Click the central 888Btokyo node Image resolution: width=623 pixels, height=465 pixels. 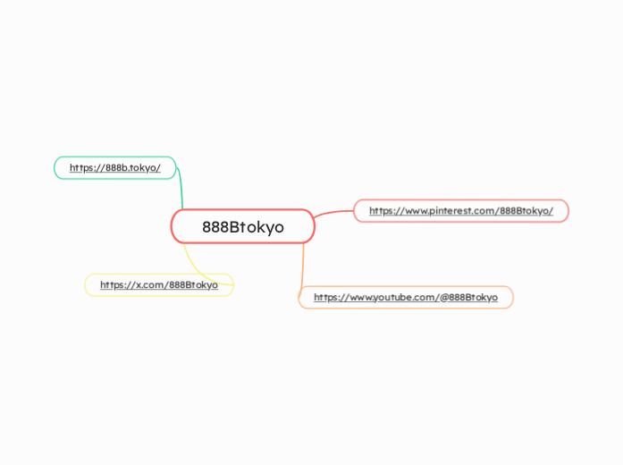(242, 226)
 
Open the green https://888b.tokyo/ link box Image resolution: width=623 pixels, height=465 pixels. (115, 167)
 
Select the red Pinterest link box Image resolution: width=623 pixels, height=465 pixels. (461, 210)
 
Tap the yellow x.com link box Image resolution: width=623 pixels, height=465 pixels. (158, 284)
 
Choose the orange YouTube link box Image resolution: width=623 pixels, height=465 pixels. (406, 297)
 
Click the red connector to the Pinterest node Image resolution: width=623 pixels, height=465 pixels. (334, 213)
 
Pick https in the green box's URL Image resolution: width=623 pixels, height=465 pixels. (82, 167)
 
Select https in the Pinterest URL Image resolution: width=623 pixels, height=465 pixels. (382, 211)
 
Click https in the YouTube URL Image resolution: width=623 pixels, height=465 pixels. (326, 297)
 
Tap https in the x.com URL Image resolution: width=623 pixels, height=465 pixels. (113, 285)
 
